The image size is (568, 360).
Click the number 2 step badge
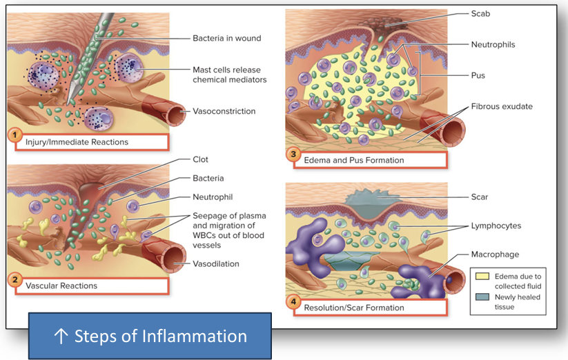15,279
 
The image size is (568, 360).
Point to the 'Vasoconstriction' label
224,111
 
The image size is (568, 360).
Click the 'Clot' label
201,159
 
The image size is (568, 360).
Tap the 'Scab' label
482,13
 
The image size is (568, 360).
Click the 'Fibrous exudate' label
502,106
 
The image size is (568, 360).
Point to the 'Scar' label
480,197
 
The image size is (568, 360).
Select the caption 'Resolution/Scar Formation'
354,307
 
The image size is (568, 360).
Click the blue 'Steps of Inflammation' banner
150,336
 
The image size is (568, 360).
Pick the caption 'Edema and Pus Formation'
354,160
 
